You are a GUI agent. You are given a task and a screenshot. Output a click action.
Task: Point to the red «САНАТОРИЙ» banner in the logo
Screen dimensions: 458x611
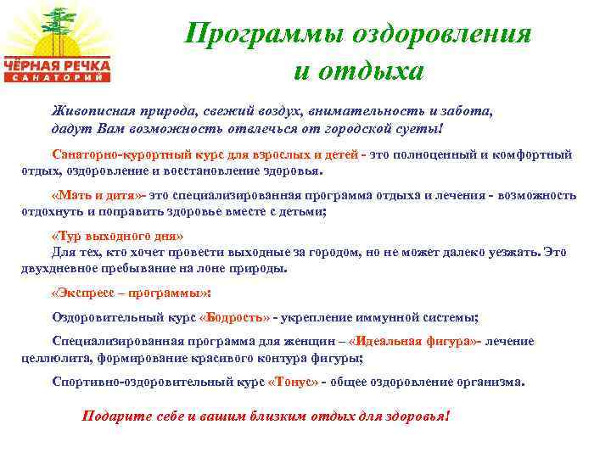point(59,77)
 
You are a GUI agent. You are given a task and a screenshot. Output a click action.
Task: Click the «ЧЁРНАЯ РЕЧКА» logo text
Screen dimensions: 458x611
point(59,64)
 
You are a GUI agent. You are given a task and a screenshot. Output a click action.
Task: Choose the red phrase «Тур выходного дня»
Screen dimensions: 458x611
point(118,236)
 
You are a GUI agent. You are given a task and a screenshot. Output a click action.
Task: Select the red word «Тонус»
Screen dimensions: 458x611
point(293,382)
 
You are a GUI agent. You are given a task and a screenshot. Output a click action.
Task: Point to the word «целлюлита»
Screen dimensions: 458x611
point(50,358)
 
